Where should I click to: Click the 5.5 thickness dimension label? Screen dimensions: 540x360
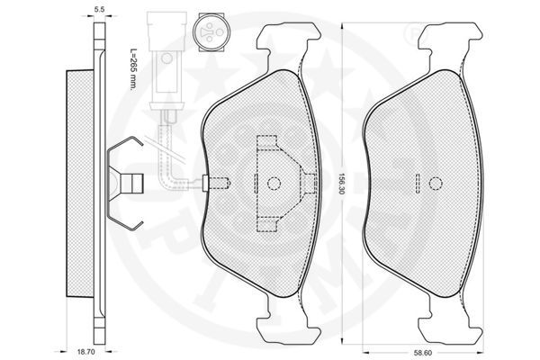pyautogui.click(x=99, y=10)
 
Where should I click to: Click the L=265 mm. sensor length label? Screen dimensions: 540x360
pyautogui.click(x=133, y=69)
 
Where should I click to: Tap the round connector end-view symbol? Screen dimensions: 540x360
pyautogui.click(x=210, y=32)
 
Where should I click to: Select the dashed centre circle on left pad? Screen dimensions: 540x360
pyautogui.click(x=274, y=184)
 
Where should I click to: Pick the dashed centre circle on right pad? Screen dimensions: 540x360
pyautogui.click(x=436, y=184)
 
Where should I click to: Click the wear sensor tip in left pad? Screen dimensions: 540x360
pyautogui.click(x=216, y=183)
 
